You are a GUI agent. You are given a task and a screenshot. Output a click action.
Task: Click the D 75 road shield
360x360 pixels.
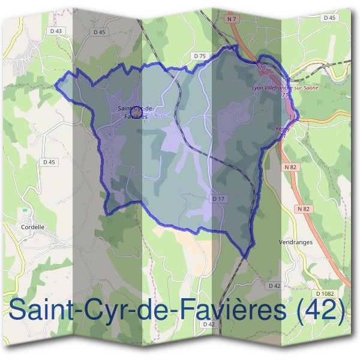point(200,56)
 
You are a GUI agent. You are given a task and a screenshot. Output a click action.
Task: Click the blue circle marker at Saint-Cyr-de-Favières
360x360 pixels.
point(135,112)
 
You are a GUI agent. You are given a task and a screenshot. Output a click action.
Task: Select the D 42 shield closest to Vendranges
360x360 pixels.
point(275,286)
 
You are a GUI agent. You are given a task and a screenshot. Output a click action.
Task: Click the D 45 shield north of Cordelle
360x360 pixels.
point(49,162)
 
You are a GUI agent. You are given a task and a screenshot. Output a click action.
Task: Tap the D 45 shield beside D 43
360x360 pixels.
point(100,32)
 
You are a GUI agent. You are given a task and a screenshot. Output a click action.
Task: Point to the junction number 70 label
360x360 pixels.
point(262,68)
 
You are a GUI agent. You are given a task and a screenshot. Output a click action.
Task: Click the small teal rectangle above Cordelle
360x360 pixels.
point(25,211)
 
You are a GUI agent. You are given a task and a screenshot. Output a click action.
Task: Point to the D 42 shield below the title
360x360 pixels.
point(209,324)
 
